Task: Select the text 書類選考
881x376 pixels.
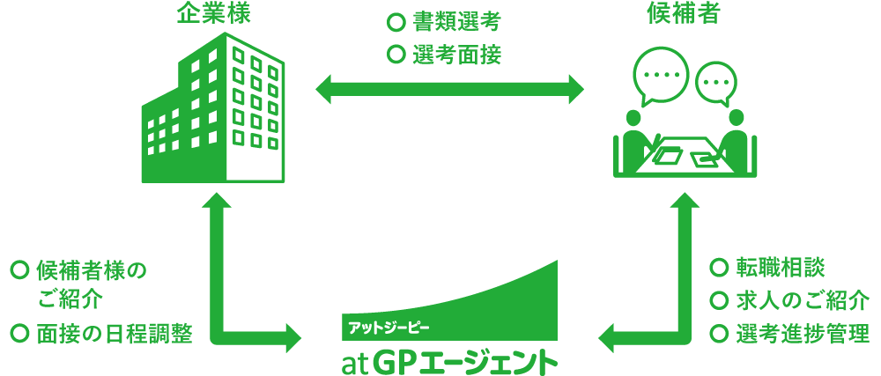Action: click(456, 21)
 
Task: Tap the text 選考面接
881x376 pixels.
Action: click(456, 55)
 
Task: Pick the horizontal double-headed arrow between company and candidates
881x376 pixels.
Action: click(449, 89)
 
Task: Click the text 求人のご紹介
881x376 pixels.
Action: click(803, 300)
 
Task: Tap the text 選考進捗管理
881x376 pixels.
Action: click(803, 334)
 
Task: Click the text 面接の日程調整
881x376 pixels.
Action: click(114, 334)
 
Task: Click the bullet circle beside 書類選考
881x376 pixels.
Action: click(396, 21)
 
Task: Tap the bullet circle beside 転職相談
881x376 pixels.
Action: click(719, 268)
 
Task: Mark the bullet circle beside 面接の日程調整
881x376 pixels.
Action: click(19, 334)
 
